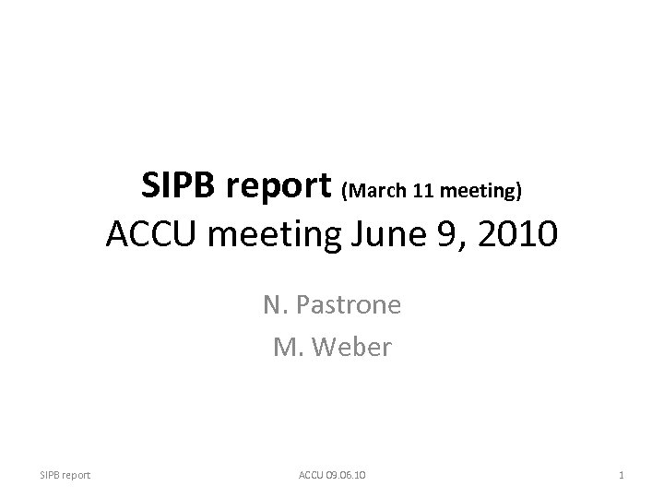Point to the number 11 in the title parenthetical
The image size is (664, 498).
click(x=423, y=191)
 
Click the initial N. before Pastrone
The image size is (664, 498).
click(x=274, y=304)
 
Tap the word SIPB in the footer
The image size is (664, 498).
click(x=50, y=475)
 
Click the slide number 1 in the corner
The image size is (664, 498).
click(x=622, y=475)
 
